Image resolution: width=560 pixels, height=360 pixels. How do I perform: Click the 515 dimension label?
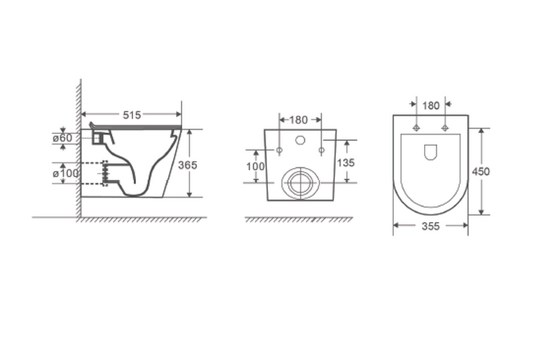(x=132, y=115)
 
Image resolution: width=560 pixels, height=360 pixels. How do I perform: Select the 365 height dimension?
(x=188, y=165)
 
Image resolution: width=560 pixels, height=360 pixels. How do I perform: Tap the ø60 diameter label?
(x=62, y=138)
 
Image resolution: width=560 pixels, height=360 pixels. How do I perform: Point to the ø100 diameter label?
(x=66, y=174)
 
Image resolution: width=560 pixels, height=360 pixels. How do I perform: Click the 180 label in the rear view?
(x=298, y=120)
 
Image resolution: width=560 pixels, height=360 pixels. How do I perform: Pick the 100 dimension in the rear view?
(x=255, y=167)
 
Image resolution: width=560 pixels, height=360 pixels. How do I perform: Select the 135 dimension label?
(x=346, y=162)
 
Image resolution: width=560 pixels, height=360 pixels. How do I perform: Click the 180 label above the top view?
(x=431, y=106)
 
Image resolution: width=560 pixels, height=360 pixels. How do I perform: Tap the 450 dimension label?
(x=481, y=172)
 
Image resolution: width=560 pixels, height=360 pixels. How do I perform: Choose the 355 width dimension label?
(x=430, y=226)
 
